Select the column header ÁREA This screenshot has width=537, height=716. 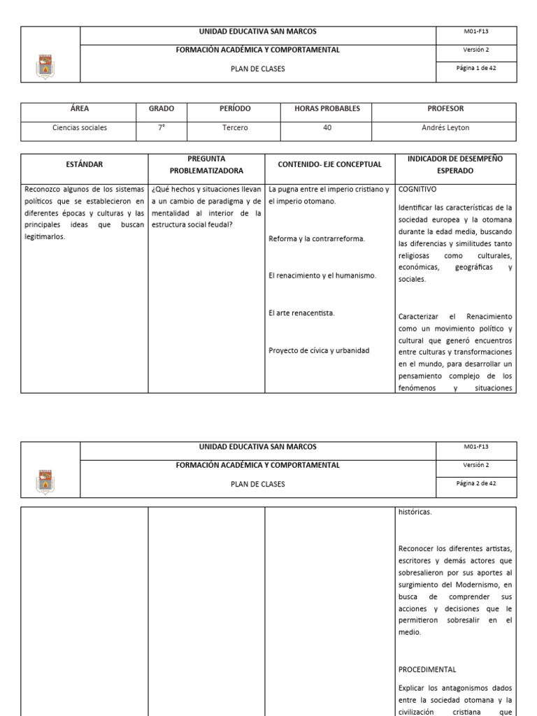[80, 109]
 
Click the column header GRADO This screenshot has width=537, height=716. [161, 109]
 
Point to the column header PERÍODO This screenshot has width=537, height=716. [235, 109]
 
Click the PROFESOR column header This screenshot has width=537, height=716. [445, 109]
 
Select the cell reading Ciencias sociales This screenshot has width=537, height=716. [80, 128]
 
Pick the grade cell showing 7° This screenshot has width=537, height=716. [161, 128]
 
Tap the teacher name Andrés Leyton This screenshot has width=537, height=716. [445, 128]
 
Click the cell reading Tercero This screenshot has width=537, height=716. [235, 128]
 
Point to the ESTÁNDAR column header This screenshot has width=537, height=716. [84, 164]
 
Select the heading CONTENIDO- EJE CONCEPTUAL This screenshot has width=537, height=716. [330, 164]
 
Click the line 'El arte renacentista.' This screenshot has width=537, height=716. [301, 313]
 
